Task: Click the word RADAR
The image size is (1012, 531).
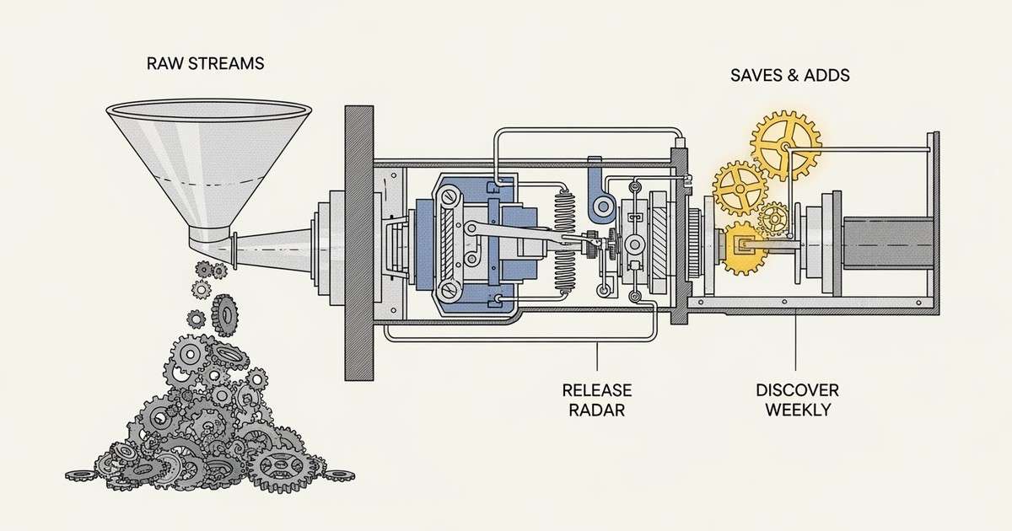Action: [597, 410]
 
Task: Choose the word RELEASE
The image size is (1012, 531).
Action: [597, 391]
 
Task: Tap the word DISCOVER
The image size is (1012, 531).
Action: [797, 391]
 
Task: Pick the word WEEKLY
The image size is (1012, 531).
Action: [797, 410]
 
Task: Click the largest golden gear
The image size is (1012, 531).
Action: [785, 145]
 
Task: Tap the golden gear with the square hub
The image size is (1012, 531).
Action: [744, 248]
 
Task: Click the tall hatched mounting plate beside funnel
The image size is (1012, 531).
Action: [358, 243]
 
